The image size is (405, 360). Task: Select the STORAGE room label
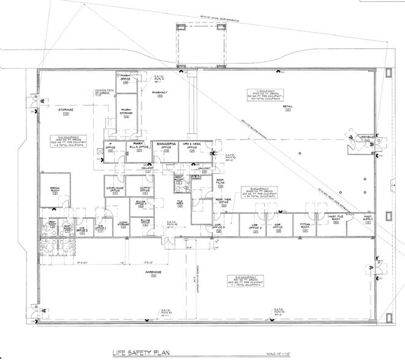(66, 110)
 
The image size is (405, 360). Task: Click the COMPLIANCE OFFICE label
(116, 190)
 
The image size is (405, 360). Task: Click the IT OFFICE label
(112, 146)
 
